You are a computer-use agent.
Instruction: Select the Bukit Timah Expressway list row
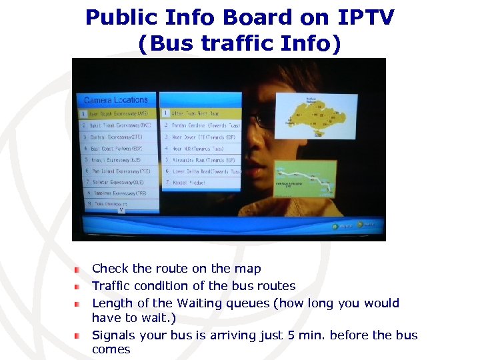117,125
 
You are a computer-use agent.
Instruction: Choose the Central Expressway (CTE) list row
117,137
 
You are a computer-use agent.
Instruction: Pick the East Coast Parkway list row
117,148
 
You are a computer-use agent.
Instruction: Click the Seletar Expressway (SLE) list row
117,182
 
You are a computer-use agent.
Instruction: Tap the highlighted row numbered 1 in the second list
201,114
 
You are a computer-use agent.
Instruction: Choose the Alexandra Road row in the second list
201,160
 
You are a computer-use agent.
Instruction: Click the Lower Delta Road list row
201,171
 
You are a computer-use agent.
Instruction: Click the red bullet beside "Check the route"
77,269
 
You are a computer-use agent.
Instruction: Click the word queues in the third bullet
252,303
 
